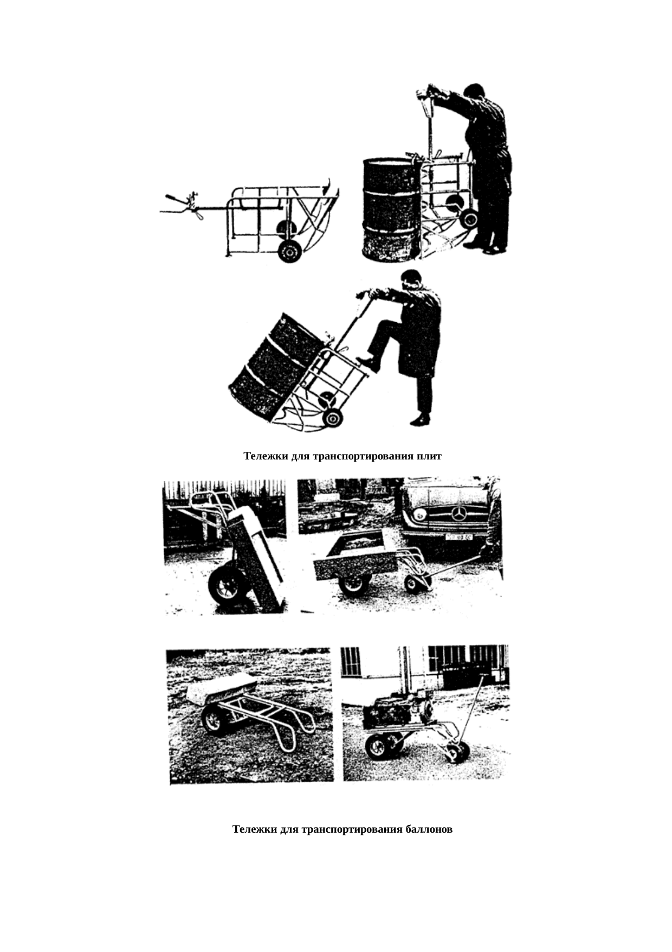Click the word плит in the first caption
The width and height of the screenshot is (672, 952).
429,456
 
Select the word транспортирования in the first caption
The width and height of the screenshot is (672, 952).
363,456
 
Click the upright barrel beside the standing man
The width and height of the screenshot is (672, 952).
390,209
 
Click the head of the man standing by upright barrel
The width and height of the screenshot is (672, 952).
474,92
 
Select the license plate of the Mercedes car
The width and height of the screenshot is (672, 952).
458,537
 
